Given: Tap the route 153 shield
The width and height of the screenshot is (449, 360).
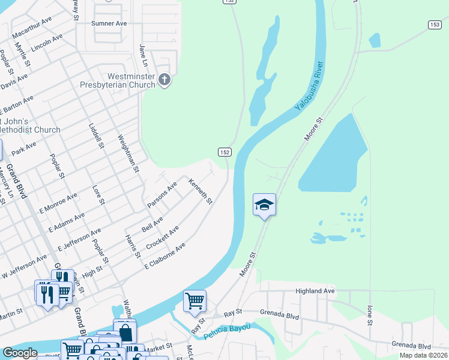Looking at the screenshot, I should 435,24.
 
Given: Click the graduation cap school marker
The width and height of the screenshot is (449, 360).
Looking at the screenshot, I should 264,205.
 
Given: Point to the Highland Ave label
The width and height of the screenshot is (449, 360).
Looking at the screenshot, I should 315,291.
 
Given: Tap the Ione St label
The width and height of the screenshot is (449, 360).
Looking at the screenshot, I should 369,314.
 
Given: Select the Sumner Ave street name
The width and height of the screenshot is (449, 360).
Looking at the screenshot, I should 109,23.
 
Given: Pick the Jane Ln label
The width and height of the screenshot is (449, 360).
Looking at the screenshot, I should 143,55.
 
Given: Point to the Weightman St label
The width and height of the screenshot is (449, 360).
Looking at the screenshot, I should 129,154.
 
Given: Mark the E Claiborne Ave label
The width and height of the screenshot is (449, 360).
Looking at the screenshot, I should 164,255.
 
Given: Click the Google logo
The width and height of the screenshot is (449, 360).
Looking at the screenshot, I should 20,353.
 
